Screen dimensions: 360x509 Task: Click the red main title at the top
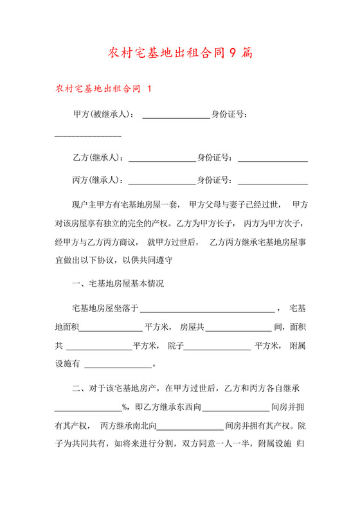point(180,52)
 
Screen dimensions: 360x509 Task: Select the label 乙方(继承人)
point(98,157)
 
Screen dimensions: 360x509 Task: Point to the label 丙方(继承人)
point(98,179)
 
